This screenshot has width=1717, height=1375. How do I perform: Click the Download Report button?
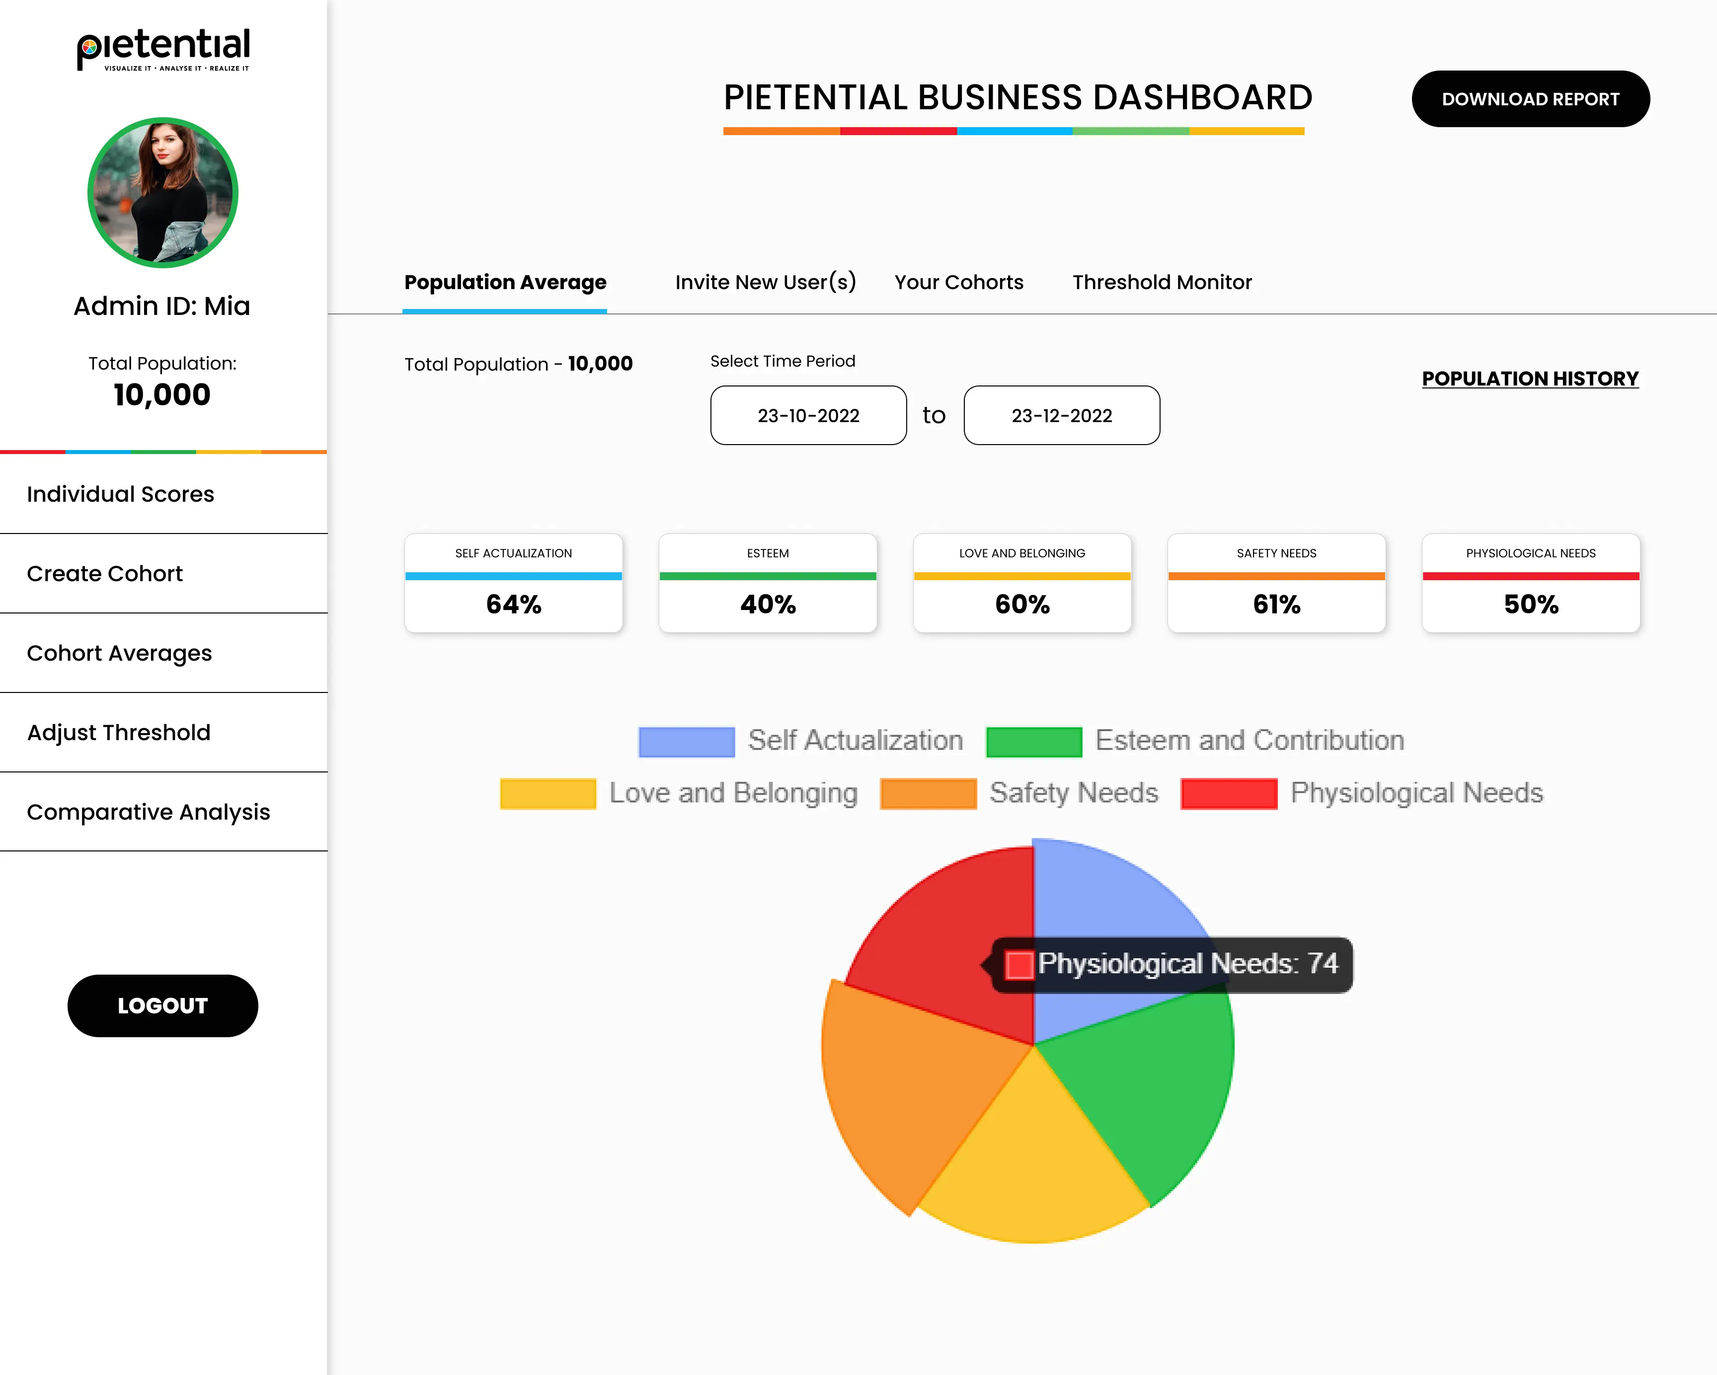[x=1530, y=99]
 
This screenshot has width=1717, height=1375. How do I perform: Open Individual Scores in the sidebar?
[x=120, y=494]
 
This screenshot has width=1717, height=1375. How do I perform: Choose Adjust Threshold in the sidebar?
[x=119, y=733]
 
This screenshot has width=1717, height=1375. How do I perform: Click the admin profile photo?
[x=162, y=193]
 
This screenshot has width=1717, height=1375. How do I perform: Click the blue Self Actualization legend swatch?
[x=687, y=741]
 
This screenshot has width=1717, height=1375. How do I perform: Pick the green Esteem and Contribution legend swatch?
[x=1034, y=741]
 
